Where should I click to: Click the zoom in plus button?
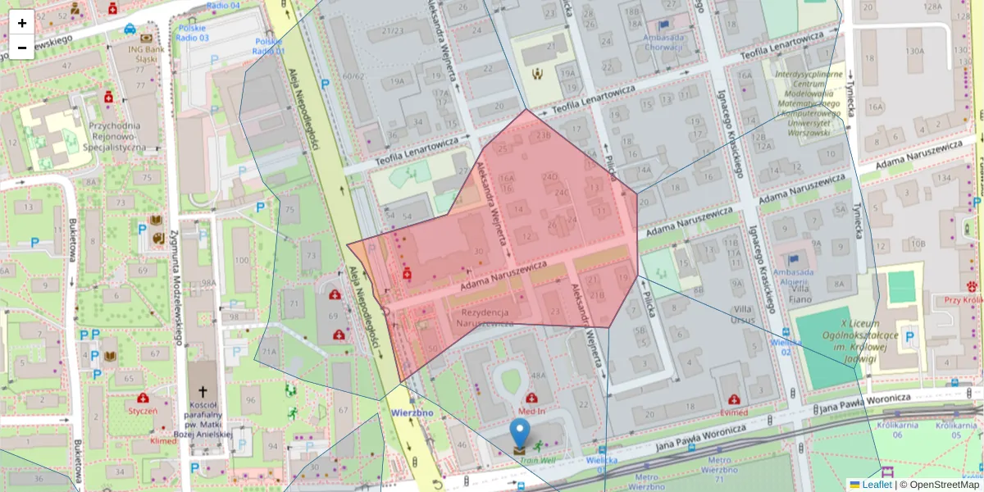point(22,23)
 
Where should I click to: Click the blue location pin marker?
point(520,433)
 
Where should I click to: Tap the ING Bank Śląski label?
point(148,53)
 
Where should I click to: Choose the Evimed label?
point(734,412)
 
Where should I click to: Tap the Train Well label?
point(536,460)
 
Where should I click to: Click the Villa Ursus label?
point(743,313)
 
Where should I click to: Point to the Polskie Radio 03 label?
point(193,33)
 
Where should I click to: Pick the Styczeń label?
point(143,409)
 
